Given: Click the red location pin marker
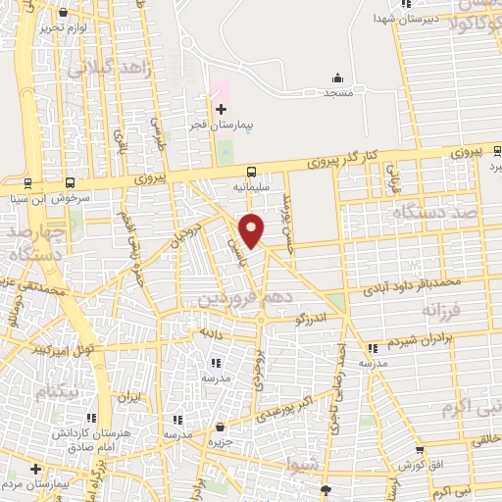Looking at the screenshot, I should point(252,229).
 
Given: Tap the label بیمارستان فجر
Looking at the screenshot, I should point(222,125).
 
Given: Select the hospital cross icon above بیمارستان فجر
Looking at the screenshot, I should point(221,108).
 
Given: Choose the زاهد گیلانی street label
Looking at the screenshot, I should point(109,69).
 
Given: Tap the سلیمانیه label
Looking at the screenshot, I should point(251,184).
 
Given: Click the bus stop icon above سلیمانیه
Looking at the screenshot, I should point(252,170).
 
